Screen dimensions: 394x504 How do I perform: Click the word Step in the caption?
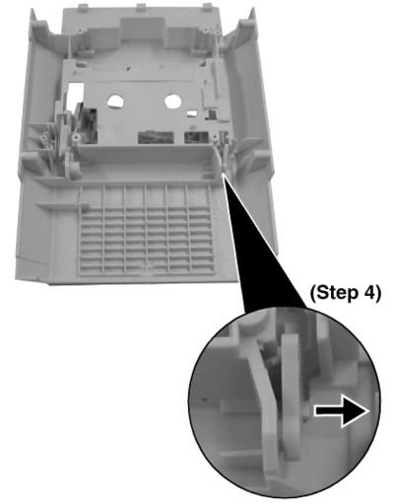(x=339, y=292)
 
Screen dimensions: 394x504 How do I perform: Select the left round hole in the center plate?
(x=115, y=102)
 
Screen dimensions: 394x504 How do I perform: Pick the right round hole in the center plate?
(x=173, y=102)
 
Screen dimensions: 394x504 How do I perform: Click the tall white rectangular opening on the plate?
(x=75, y=96)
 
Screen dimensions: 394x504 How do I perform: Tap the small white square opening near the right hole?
(x=192, y=113)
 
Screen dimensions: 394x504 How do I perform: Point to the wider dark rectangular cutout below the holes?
(x=156, y=137)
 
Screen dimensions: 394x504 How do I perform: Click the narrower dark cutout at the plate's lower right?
(x=196, y=138)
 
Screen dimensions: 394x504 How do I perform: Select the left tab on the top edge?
(x=83, y=7)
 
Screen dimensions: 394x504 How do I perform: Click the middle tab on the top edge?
(x=141, y=7)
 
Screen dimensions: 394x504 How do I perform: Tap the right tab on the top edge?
(x=207, y=7)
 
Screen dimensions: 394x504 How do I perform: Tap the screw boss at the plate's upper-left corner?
(x=80, y=31)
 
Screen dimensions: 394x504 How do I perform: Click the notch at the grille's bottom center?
(x=147, y=265)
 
